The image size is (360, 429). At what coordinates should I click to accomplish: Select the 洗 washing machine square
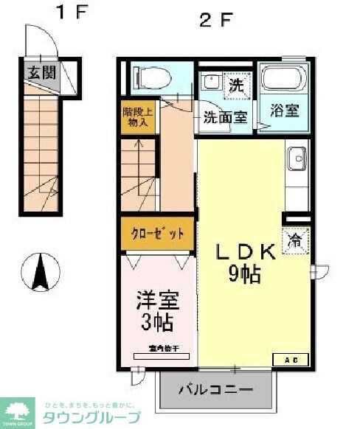click(x=235, y=83)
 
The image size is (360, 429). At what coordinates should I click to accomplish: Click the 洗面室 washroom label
click(x=224, y=116)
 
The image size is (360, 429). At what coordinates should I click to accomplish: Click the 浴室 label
click(x=284, y=112)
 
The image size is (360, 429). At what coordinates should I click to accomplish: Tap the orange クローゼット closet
click(x=158, y=234)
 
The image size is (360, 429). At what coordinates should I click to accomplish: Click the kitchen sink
click(x=297, y=158)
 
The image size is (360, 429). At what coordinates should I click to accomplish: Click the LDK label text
click(x=245, y=252)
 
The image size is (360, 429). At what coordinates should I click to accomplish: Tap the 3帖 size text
click(x=157, y=322)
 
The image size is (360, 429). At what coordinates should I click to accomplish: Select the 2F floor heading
click(x=215, y=20)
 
